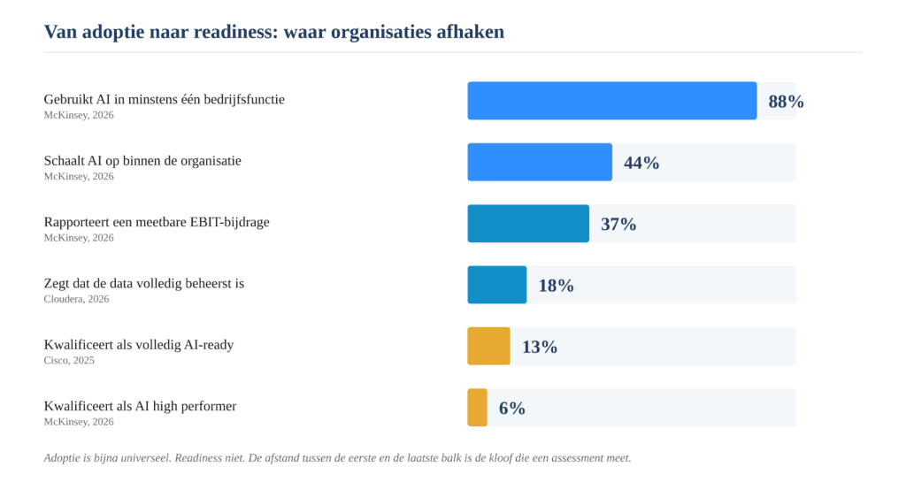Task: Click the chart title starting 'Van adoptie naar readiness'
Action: coord(274,32)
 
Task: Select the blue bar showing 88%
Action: coord(612,101)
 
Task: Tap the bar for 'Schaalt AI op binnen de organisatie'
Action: coord(540,162)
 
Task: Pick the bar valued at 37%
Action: coord(528,224)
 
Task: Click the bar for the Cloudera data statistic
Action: coord(497,285)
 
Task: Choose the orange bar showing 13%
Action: coord(488,347)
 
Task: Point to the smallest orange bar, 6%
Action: coord(477,408)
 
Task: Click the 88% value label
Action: coord(786,102)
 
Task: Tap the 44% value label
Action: coord(641,163)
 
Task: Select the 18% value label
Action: coord(556,285)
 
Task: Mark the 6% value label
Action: coord(512,408)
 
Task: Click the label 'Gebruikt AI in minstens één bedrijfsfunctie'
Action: coord(164,99)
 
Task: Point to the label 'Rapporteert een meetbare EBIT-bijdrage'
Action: coord(157,222)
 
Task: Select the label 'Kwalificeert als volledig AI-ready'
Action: coord(139,345)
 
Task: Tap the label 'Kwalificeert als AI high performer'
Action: coord(141,406)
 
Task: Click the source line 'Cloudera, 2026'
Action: coord(76,299)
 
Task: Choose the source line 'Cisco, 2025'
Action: coord(69,360)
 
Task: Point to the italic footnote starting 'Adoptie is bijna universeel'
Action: coord(337,458)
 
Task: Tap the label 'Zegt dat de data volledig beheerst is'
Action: coord(144,283)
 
